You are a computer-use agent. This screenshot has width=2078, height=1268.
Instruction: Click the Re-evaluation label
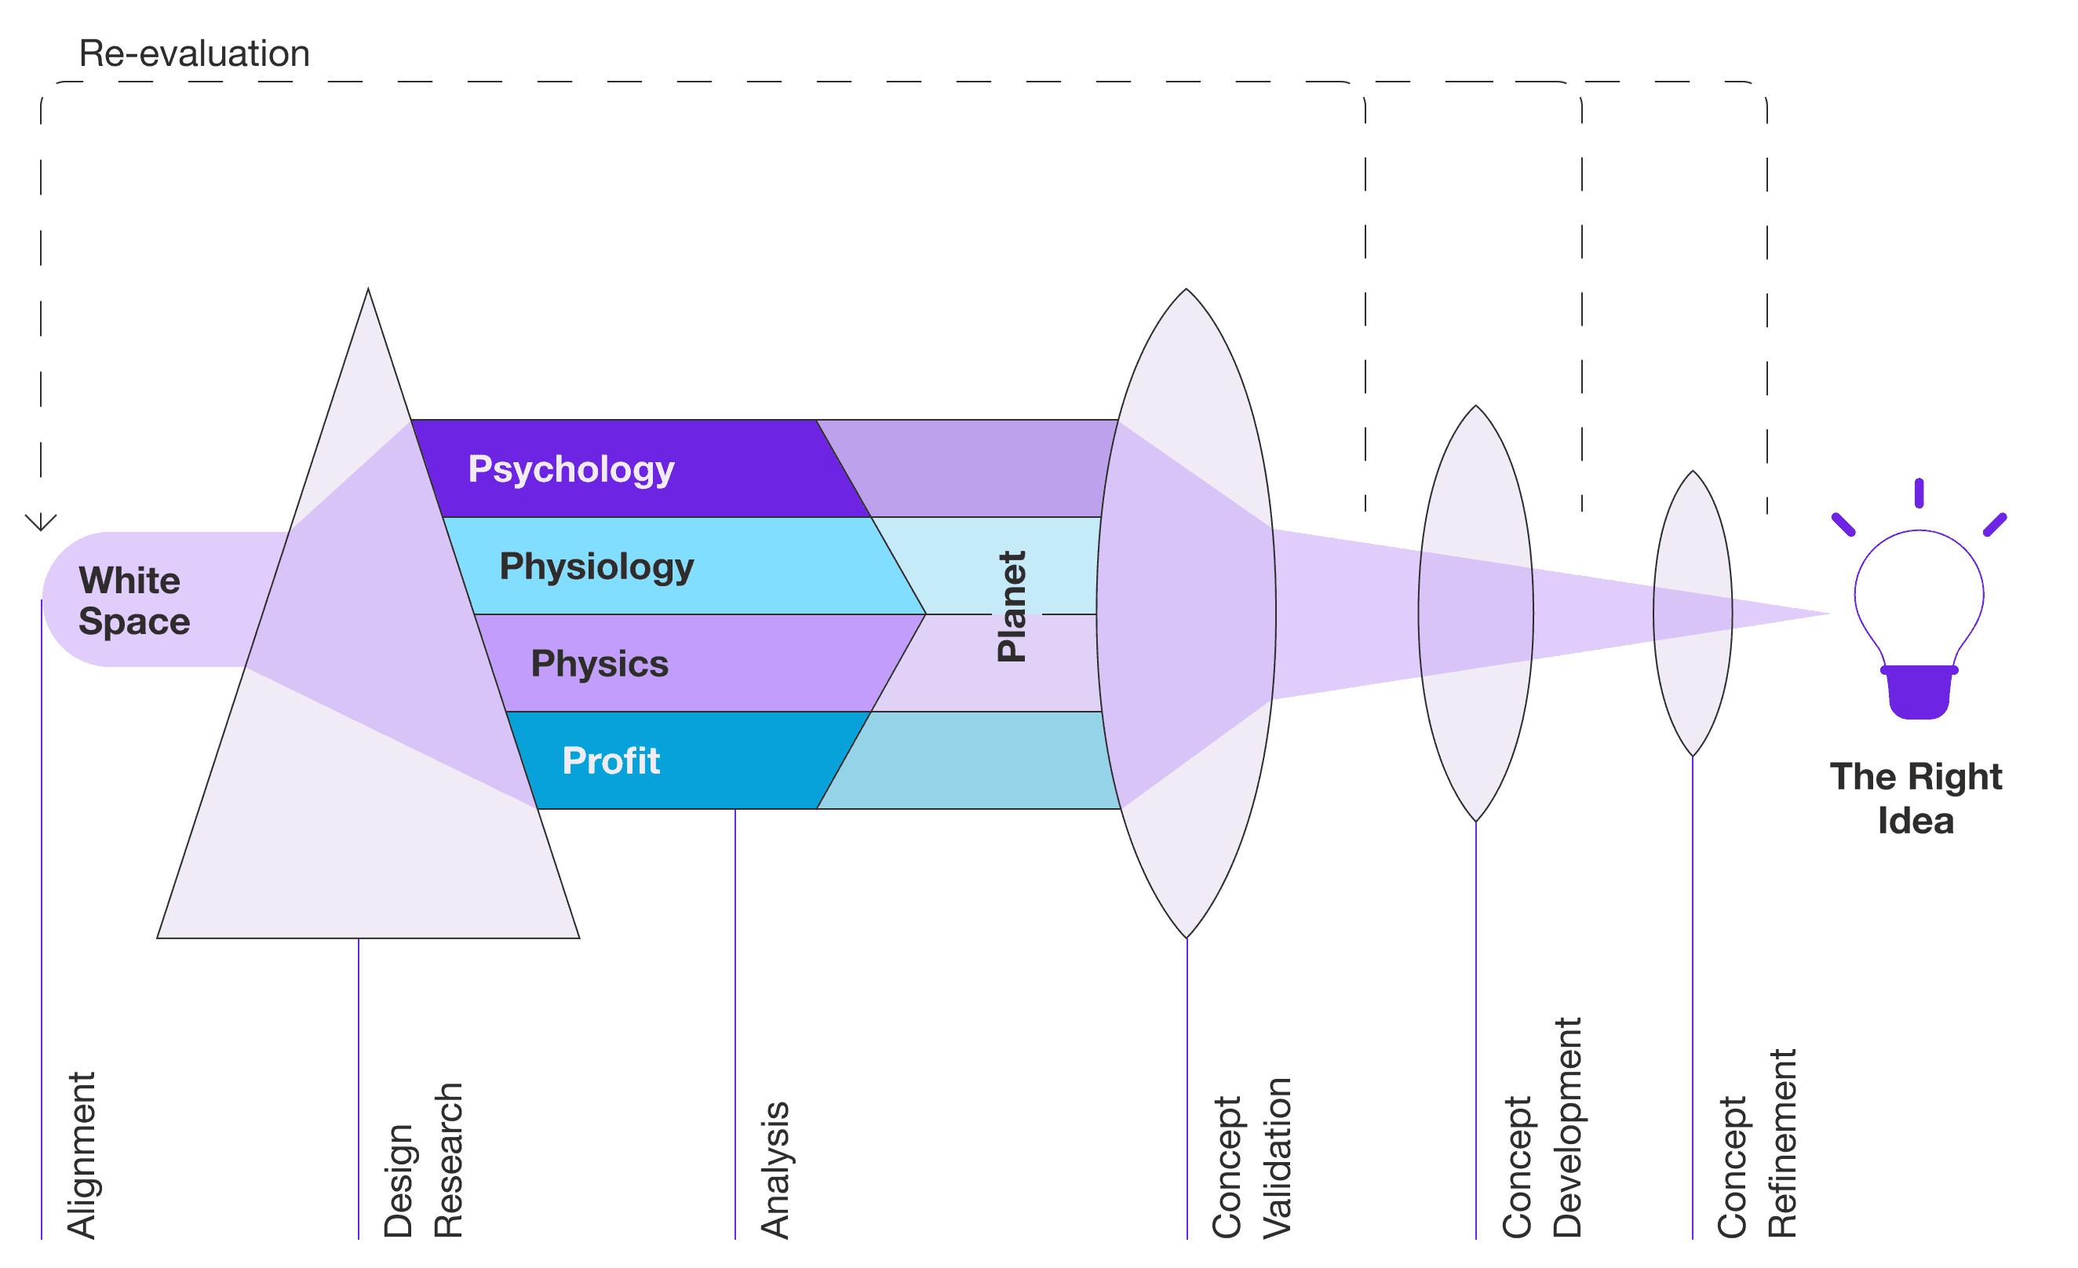tap(194, 54)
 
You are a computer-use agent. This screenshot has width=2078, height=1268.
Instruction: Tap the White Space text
tap(134, 600)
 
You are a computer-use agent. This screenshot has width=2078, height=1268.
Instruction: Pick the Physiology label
tap(596, 567)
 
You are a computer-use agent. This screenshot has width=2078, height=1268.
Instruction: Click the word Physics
tap(600, 665)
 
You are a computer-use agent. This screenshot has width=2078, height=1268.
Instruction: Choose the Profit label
tap(611, 760)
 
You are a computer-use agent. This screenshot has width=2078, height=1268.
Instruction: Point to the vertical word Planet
tap(1012, 607)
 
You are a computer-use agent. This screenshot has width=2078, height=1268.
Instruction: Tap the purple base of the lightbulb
tap(1919, 693)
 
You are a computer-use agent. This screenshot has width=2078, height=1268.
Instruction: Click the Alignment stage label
tap(82, 1155)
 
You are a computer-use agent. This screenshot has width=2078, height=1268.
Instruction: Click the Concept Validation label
tap(1252, 1157)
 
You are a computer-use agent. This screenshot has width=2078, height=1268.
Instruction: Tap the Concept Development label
tap(1542, 1128)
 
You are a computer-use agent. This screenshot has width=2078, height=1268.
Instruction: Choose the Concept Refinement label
tap(1757, 1143)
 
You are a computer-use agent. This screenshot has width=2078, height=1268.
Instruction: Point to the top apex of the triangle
tap(368, 290)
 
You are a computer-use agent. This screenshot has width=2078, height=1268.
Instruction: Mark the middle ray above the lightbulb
tap(1919, 494)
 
